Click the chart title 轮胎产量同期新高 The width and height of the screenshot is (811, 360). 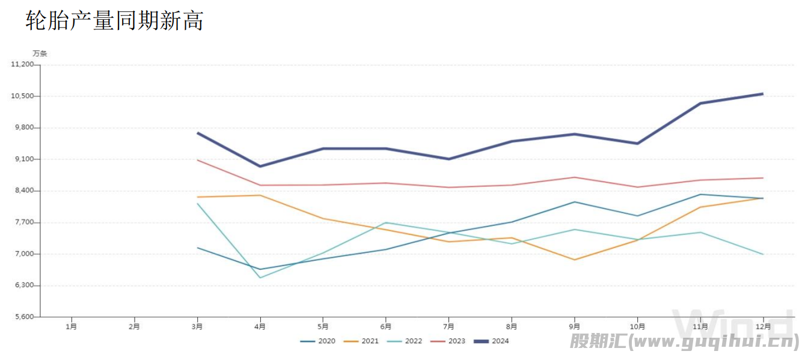[114, 20]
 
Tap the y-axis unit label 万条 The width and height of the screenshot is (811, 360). [40, 53]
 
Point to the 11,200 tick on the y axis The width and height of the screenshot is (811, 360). [22, 64]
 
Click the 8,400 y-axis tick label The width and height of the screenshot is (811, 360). [24, 191]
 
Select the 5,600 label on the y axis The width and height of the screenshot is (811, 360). [24, 317]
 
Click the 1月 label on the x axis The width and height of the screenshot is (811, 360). [71, 327]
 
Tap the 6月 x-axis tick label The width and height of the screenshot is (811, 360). [385, 327]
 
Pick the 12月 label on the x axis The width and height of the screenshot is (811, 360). [763, 327]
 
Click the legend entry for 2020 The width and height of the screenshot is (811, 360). [318, 341]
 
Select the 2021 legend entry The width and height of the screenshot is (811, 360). [361, 341]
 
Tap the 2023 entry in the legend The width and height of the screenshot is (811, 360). [448, 341]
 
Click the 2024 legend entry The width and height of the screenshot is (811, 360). [491, 341]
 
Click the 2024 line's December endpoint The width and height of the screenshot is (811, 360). [763, 94]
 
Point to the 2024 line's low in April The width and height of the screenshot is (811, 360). [260, 166]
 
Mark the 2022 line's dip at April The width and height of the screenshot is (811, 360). [260, 278]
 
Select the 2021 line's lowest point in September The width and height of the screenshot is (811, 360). [575, 260]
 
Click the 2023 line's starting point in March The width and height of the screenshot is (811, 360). [197, 160]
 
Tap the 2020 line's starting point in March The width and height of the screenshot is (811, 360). [197, 248]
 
